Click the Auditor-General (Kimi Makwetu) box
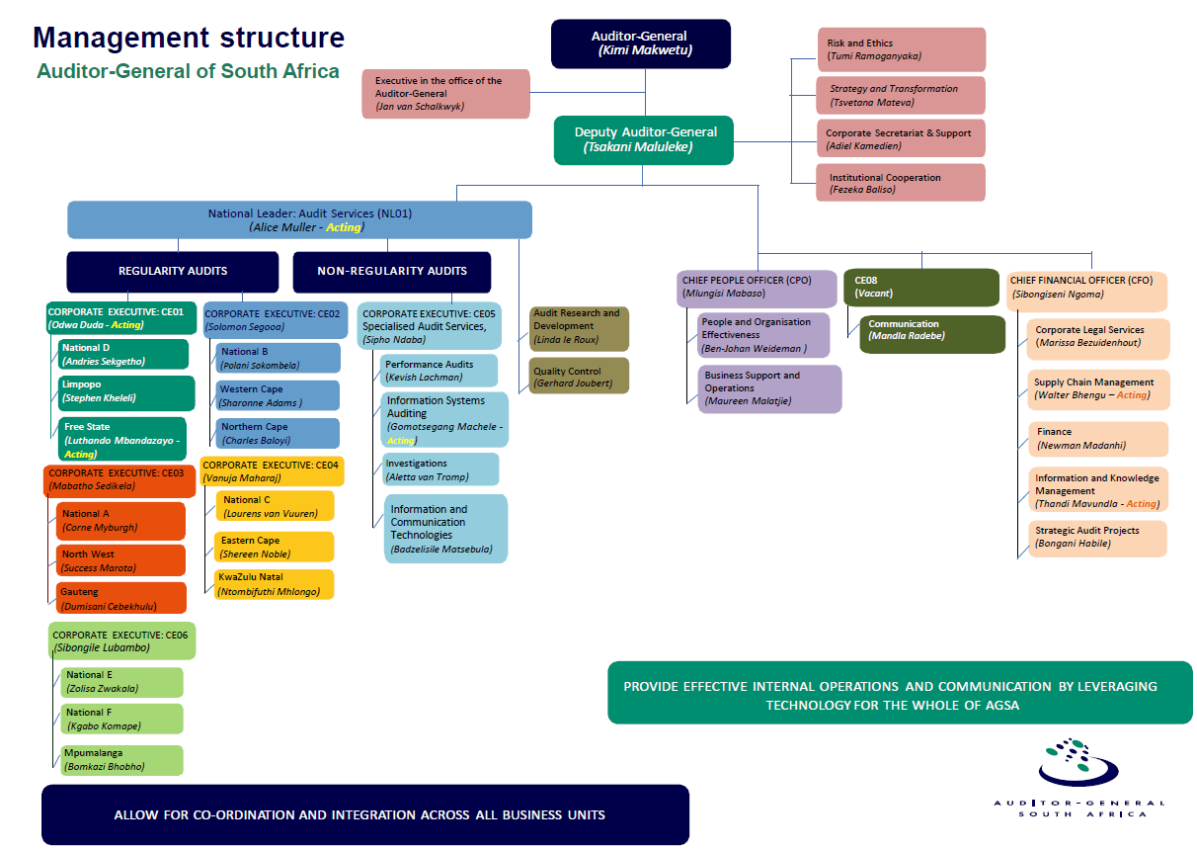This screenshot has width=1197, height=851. click(x=640, y=43)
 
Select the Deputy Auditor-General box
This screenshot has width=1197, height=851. click(x=644, y=139)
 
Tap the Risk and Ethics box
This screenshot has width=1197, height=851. click(x=900, y=49)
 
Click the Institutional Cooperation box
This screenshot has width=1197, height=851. click(x=900, y=183)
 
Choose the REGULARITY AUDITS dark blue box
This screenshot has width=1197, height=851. click(x=173, y=271)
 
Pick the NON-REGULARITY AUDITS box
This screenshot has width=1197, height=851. click(x=392, y=271)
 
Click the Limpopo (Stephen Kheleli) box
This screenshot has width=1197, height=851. click(x=122, y=391)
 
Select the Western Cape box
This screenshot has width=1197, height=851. click(x=278, y=395)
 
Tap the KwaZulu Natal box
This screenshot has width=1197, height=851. click(x=274, y=584)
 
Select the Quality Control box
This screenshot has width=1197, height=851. click(x=579, y=377)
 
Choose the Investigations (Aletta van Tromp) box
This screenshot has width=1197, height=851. click(x=440, y=469)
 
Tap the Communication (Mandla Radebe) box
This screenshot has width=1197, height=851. click(x=932, y=333)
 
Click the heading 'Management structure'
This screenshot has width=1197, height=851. click(x=189, y=39)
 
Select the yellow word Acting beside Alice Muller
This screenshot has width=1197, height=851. click(x=344, y=227)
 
